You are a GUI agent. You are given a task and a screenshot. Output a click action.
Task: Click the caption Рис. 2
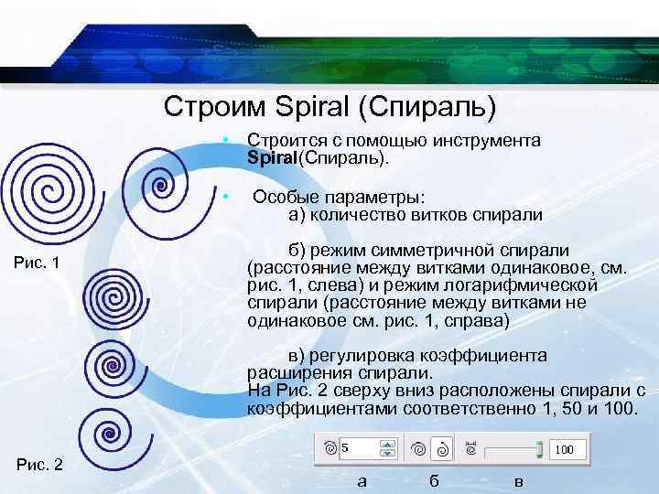[x=38, y=465]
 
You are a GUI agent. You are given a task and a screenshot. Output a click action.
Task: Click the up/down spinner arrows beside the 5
[x=388, y=449]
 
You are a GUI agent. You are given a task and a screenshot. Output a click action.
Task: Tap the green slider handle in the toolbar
[x=540, y=449]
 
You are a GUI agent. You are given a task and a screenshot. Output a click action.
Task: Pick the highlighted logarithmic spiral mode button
[x=441, y=449]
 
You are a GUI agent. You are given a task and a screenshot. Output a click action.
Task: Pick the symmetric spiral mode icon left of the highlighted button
[x=418, y=449]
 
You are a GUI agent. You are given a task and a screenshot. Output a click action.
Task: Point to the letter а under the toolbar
[x=361, y=482]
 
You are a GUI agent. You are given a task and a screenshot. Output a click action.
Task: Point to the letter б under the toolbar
[x=434, y=482]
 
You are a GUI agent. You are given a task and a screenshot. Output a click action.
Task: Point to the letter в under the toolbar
[x=519, y=482]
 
